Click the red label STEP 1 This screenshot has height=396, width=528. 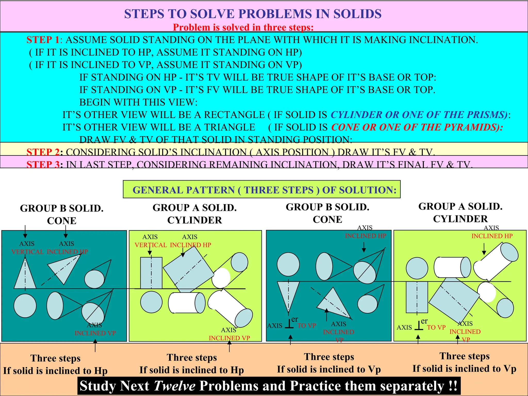(x=43, y=40)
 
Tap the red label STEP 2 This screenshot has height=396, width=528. (x=43, y=152)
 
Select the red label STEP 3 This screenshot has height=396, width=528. (x=43, y=164)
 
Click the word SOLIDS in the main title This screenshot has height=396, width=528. (x=357, y=14)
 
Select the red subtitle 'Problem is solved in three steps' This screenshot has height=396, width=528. (x=243, y=27)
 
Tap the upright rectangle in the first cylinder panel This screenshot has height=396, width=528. (x=151, y=273)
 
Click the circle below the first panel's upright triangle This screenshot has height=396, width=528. (x=25, y=306)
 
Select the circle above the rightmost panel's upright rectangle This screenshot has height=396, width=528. (x=417, y=268)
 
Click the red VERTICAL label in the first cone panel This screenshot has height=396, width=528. (x=28, y=252)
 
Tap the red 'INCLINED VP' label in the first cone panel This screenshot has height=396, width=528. (x=95, y=333)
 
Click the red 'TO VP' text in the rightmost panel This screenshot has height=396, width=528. (x=436, y=327)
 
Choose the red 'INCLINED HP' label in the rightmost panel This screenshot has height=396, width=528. (x=492, y=236)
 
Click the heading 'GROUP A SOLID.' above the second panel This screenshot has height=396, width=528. (x=195, y=208)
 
